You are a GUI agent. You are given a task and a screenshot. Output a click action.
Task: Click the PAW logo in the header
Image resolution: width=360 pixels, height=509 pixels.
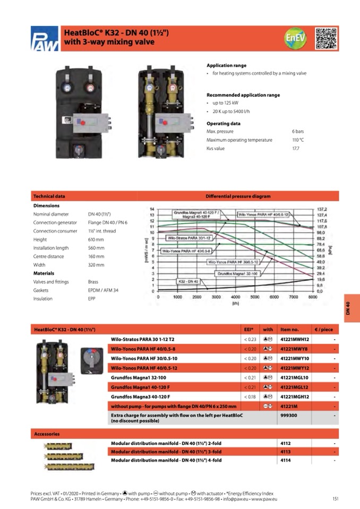click(x=45, y=39)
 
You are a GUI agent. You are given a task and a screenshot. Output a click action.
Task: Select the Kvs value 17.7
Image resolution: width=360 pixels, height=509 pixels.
click(x=296, y=149)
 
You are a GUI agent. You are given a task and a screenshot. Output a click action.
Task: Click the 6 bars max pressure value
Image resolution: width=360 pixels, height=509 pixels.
click(x=297, y=131)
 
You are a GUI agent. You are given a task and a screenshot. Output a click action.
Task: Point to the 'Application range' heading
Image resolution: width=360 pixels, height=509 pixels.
click(x=226, y=65)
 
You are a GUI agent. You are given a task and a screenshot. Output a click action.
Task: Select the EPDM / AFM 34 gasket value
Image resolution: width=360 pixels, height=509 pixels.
click(x=103, y=290)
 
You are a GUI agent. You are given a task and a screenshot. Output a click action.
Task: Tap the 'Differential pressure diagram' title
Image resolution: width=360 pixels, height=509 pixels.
click(x=238, y=196)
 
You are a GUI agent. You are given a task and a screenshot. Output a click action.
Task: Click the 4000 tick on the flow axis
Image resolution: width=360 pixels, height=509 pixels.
click(x=235, y=298)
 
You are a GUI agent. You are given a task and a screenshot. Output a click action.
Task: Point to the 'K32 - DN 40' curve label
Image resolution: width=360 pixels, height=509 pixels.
click(x=188, y=281)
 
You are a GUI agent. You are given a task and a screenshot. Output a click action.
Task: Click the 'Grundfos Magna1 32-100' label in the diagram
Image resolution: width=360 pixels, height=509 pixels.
click(x=237, y=273)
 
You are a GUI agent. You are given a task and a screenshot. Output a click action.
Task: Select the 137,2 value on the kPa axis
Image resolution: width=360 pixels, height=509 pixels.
click(x=322, y=210)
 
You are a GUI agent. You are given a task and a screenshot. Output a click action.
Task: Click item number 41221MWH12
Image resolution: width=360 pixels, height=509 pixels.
click(x=294, y=339)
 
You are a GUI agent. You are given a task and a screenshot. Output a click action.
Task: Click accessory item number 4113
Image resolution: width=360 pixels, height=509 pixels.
click(x=286, y=452)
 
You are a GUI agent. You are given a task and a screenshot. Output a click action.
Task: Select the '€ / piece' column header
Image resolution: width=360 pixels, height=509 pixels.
click(x=323, y=330)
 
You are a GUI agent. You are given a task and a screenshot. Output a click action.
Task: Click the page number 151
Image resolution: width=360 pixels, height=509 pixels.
click(x=335, y=498)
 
